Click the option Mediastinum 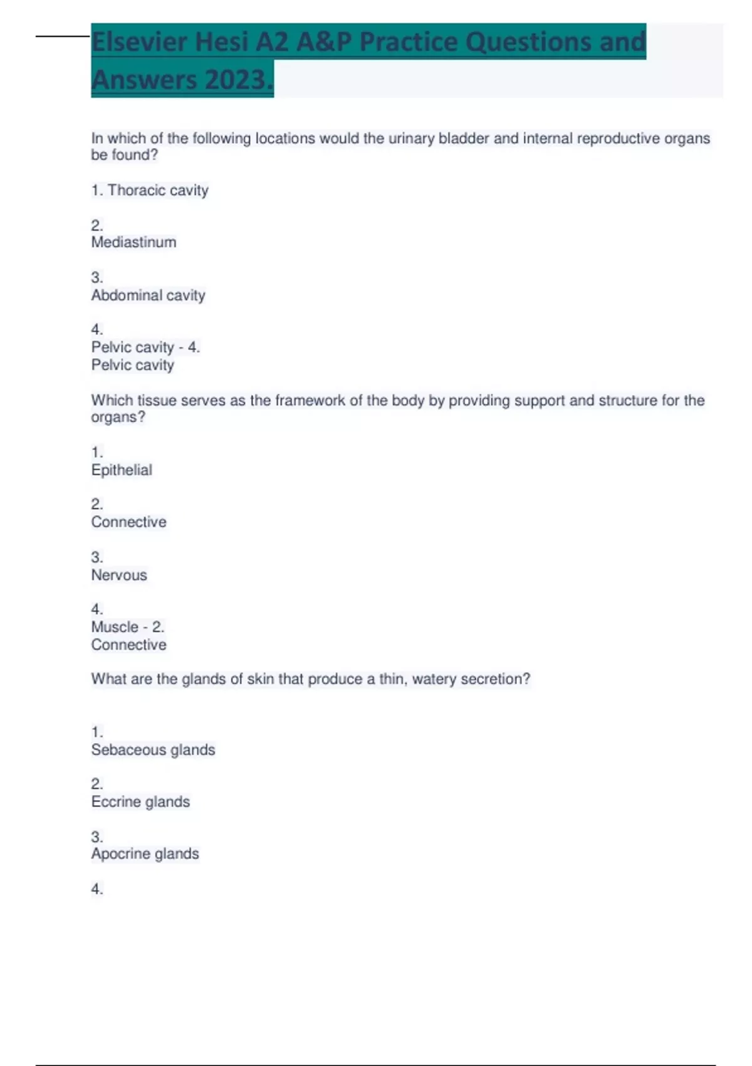(x=133, y=243)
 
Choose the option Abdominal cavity (x=148, y=295)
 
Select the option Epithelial (x=122, y=470)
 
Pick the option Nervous (x=119, y=575)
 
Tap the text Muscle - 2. (x=127, y=627)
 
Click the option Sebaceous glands (x=153, y=750)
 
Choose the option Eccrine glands (x=140, y=802)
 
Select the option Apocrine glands (x=145, y=854)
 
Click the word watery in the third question (x=434, y=679)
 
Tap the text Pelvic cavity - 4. (x=145, y=347)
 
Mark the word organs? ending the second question (x=118, y=418)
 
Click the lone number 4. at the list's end (x=97, y=889)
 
